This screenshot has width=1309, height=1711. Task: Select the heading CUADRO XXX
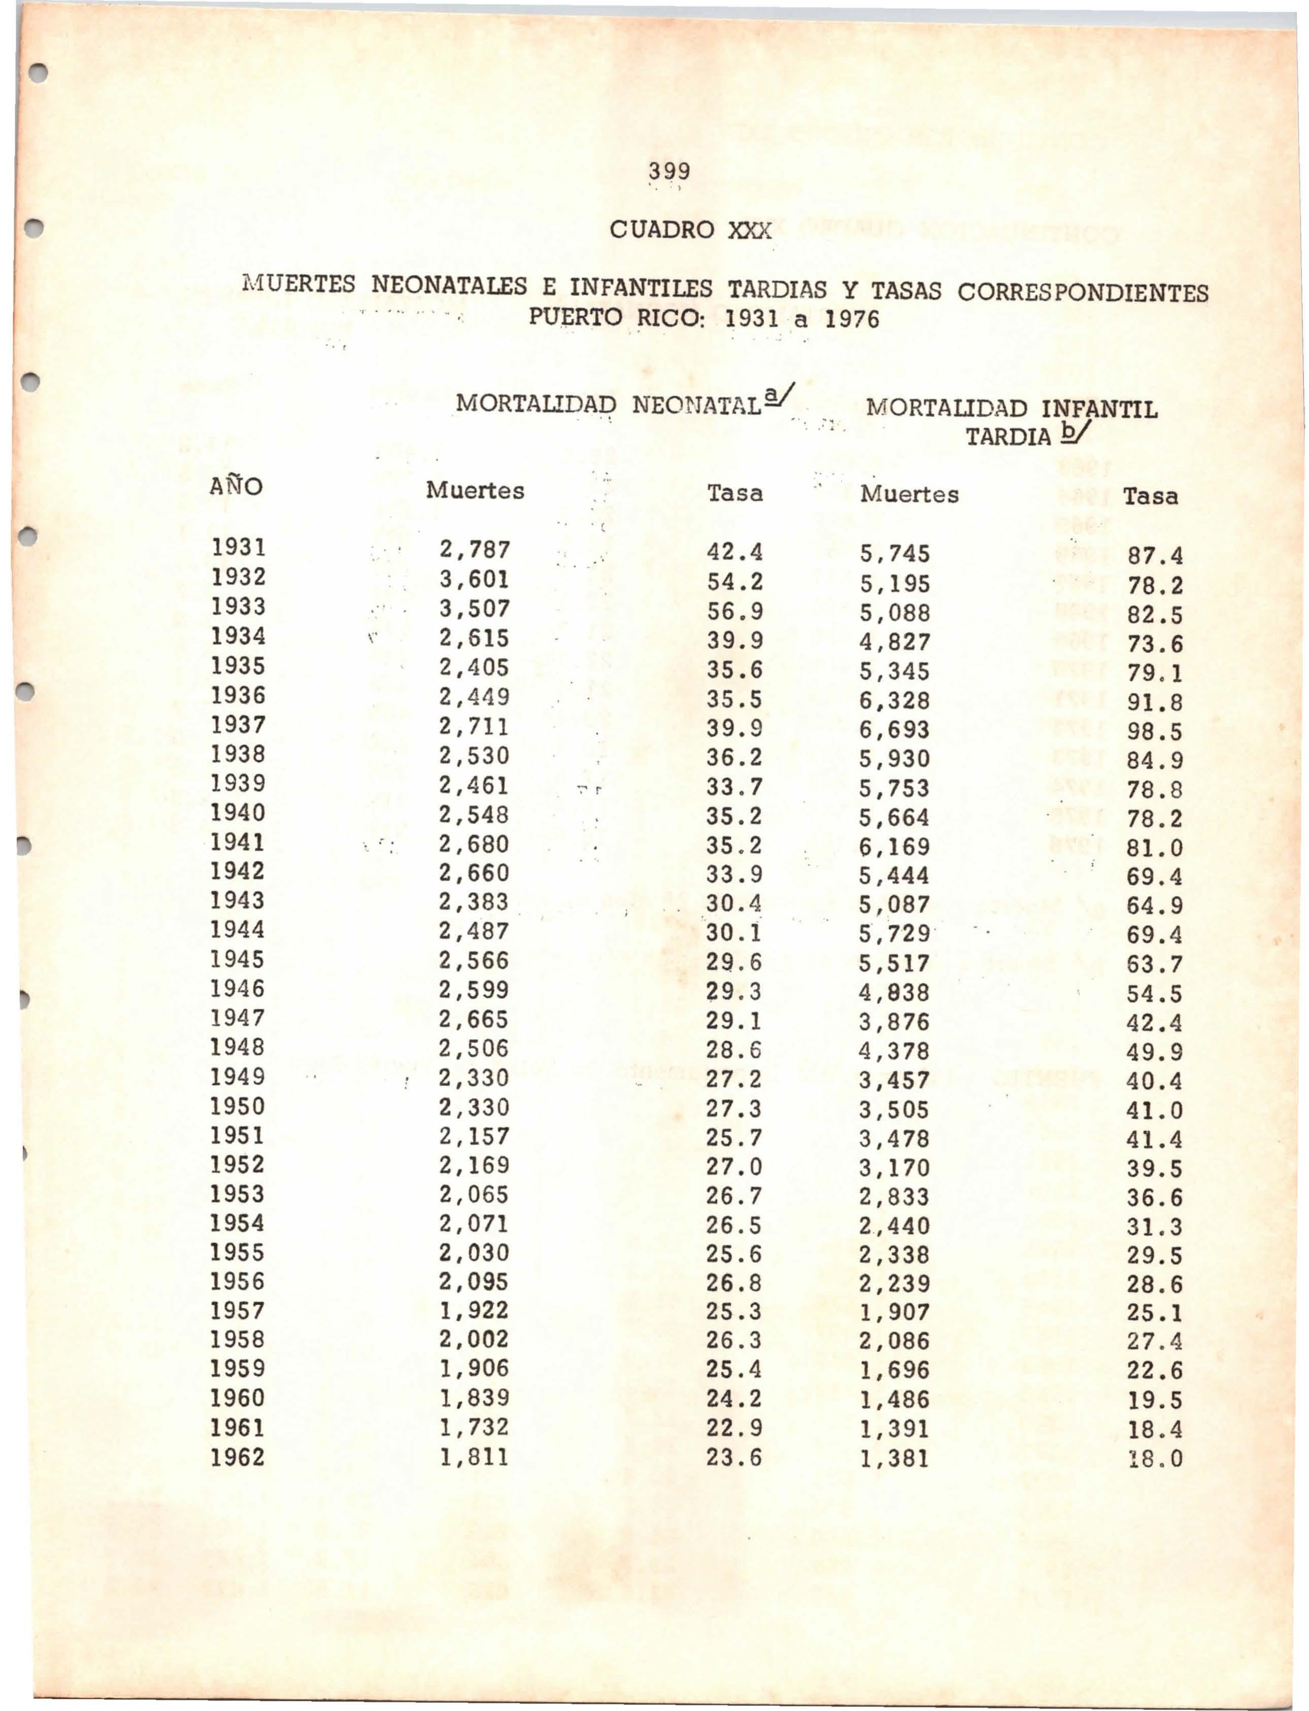(x=690, y=230)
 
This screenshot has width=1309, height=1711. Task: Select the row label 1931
(x=239, y=548)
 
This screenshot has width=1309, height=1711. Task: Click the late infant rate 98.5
(x=1154, y=731)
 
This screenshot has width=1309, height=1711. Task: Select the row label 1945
(x=238, y=959)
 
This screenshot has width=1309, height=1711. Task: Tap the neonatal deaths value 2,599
(x=474, y=990)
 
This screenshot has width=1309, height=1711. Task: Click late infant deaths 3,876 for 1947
(x=894, y=1021)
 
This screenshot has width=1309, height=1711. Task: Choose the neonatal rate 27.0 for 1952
(x=734, y=1166)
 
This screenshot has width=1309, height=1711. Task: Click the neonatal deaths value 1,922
(x=474, y=1311)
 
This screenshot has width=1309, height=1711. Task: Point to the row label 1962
(x=238, y=1457)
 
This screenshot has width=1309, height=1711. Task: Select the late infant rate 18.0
(x=1154, y=1459)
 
